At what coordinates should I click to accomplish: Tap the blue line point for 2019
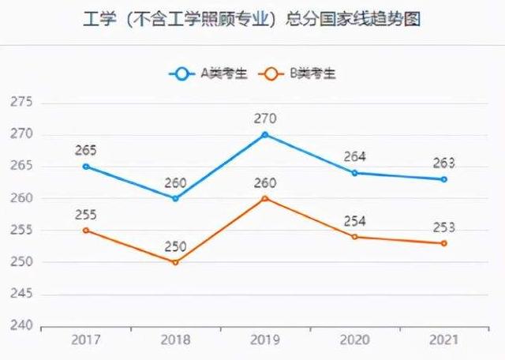click(x=265, y=134)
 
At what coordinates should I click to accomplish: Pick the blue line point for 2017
click(x=86, y=166)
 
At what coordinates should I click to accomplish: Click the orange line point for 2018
click(x=175, y=261)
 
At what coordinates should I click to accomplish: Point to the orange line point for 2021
click(x=444, y=243)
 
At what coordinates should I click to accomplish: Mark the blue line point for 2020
click(x=354, y=173)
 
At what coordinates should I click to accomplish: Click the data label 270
click(x=265, y=118)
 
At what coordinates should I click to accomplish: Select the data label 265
click(x=86, y=150)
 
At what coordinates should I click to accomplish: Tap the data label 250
click(x=175, y=246)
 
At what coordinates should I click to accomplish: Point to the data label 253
click(x=444, y=227)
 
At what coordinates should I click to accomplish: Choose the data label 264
click(x=354, y=157)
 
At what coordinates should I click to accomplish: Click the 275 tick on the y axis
click(x=21, y=103)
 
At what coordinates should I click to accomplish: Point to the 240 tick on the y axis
click(x=21, y=326)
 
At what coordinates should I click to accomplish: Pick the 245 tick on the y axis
click(x=21, y=294)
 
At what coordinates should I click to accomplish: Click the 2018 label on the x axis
click(x=175, y=340)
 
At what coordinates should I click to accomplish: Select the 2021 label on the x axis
click(x=444, y=340)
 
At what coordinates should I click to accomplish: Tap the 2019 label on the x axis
click(x=265, y=340)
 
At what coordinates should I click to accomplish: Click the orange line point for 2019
click(x=265, y=198)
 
